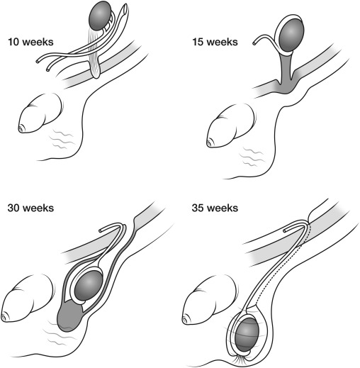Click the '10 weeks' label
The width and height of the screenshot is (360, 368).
click(30, 42)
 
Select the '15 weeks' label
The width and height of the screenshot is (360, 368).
click(215, 42)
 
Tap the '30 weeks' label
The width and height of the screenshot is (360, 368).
click(30, 208)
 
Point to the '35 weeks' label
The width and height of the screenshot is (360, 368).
click(215, 208)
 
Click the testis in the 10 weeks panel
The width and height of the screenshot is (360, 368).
click(100, 16)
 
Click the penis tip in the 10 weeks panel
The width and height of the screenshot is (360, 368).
click(21, 129)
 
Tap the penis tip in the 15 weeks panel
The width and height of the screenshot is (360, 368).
click(209, 143)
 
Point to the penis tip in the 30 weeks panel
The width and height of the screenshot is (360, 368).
click(4, 318)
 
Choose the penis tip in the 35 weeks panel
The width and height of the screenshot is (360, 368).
click(185, 320)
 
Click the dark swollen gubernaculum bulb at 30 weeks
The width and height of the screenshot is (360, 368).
click(70, 316)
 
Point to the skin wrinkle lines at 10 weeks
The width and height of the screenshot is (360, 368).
click(62, 139)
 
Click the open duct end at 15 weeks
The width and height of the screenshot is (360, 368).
click(254, 43)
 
